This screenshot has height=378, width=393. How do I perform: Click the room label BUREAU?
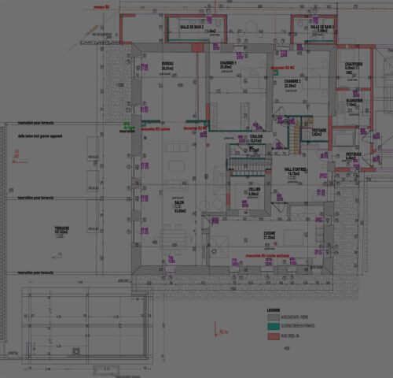[167, 63]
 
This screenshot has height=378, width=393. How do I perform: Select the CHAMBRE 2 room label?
[294, 80]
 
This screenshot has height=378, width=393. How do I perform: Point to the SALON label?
[180, 202]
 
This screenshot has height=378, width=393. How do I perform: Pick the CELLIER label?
[254, 190]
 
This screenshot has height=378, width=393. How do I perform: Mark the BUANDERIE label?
[353, 100]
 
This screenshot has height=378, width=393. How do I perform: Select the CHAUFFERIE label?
[353, 64]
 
